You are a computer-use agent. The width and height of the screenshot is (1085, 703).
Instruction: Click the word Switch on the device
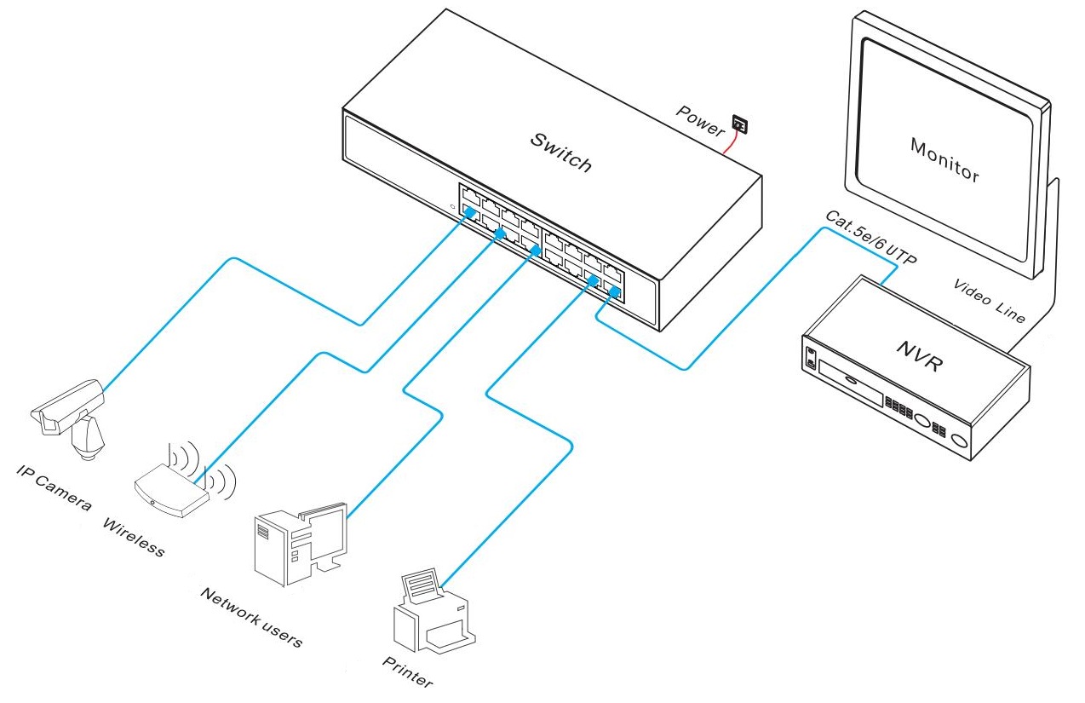(x=560, y=152)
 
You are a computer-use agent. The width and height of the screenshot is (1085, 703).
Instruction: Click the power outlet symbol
(x=739, y=126)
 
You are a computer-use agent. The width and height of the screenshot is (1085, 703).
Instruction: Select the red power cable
(x=728, y=146)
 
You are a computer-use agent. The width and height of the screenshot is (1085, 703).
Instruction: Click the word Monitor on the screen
(x=944, y=158)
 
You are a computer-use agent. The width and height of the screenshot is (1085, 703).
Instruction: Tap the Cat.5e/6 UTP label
(x=870, y=239)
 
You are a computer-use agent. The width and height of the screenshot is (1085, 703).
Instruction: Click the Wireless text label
(x=133, y=536)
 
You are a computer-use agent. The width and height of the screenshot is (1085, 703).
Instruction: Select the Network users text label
(x=250, y=615)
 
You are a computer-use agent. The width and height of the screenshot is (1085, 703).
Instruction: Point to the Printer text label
(x=408, y=672)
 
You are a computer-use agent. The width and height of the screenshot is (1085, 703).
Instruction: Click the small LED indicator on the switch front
(x=451, y=205)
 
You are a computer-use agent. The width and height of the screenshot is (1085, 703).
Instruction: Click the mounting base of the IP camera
(x=86, y=439)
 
